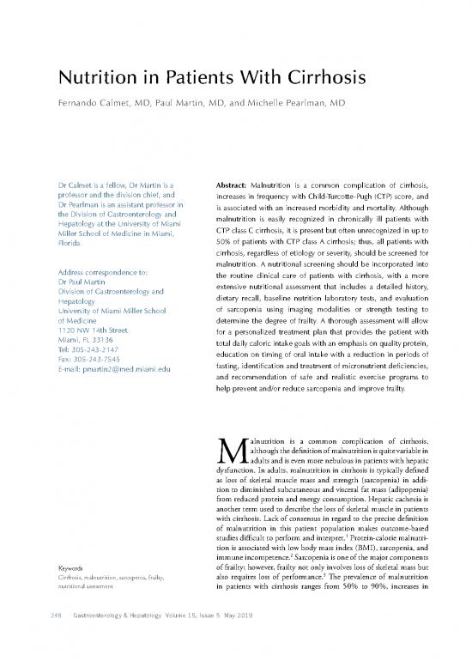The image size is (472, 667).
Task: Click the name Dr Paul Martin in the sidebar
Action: pyautogui.click(x=82, y=259)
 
